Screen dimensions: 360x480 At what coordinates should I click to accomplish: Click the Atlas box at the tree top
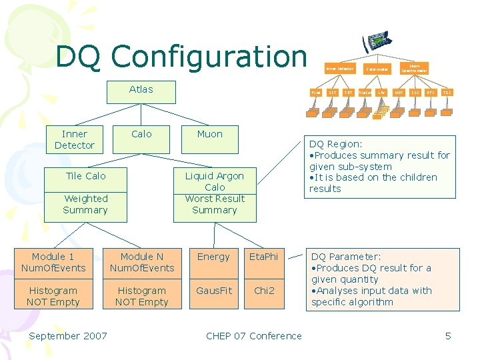tap(141, 90)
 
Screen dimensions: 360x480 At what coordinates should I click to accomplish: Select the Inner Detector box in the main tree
tap(74, 139)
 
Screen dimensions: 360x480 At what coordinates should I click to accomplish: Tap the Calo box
tap(141, 135)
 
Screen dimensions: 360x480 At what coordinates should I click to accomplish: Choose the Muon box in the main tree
tap(210, 135)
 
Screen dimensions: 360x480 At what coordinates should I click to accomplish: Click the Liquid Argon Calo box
tap(215, 193)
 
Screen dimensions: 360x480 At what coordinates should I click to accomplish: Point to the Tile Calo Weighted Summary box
tap(85, 193)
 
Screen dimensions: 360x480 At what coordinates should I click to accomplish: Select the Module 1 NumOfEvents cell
tap(53, 262)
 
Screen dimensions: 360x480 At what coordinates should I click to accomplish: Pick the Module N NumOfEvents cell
tap(141, 262)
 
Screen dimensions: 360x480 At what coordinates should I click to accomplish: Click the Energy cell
tap(213, 257)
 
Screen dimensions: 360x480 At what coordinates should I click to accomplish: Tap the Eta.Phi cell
tap(263, 257)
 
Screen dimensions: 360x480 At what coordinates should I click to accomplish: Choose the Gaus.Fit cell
tap(213, 291)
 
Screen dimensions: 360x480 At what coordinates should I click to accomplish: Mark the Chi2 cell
tap(263, 291)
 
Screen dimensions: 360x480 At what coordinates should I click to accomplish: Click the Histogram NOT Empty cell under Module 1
tap(53, 296)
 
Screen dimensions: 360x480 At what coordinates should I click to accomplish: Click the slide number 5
tap(448, 336)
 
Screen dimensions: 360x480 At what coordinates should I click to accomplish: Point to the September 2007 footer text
tap(67, 336)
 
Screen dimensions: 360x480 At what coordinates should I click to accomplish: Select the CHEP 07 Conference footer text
tap(253, 336)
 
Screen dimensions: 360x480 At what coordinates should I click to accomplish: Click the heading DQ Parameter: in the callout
tap(346, 257)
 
